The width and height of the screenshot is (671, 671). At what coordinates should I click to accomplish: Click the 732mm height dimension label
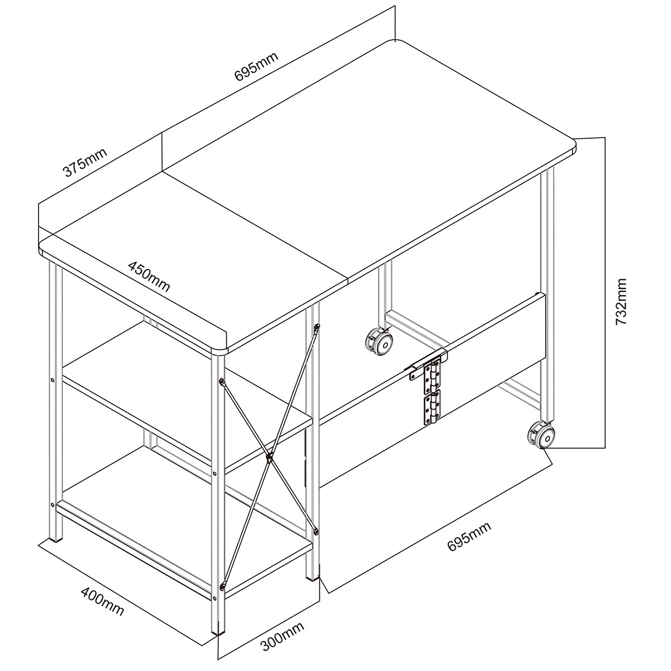tap(621, 301)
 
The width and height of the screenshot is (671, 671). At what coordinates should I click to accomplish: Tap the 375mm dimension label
tap(84, 163)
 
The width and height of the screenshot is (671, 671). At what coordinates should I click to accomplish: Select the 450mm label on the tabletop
tap(149, 276)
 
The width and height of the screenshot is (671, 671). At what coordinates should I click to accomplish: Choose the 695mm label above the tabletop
tap(257, 67)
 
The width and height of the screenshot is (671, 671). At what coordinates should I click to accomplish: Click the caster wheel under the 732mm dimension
tap(542, 436)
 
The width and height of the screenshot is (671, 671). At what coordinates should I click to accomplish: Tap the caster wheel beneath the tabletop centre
tap(379, 342)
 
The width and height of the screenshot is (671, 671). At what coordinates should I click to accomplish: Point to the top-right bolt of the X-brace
tap(316, 327)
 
